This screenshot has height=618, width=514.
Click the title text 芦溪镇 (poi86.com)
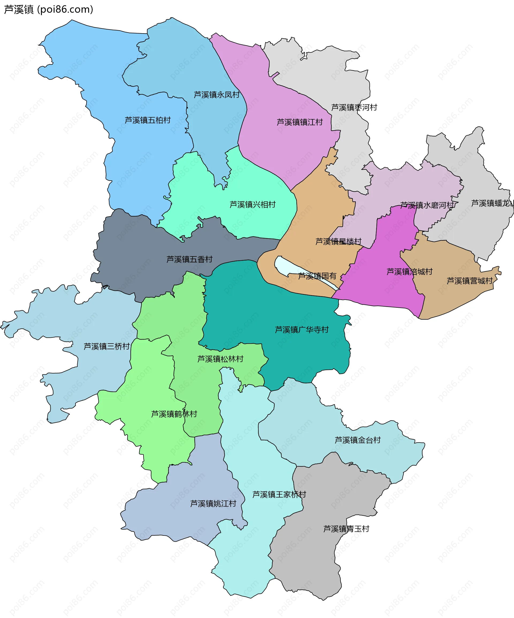click(48, 9)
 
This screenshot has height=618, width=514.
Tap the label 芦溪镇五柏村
click(148, 120)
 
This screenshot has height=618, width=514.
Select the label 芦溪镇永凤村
click(217, 95)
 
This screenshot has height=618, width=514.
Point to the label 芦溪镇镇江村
click(300, 122)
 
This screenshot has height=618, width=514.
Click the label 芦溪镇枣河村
click(354, 107)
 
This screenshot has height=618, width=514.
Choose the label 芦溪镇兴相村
click(252, 204)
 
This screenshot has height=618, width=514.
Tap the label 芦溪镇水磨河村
click(427, 205)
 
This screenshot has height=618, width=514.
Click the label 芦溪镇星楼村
click(338, 241)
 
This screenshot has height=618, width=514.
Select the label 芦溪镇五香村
click(189, 259)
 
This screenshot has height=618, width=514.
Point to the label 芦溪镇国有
click(317, 276)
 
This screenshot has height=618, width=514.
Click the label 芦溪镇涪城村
click(409, 272)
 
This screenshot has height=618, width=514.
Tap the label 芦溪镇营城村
click(469, 281)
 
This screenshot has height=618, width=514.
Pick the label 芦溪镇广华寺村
click(301, 330)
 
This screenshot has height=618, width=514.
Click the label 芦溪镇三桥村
click(107, 346)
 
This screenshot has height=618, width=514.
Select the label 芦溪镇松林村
click(220, 359)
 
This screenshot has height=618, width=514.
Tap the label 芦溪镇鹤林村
click(174, 414)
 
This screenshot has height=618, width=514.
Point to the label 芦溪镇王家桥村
click(279, 494)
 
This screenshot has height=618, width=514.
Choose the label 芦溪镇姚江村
click(213, 504)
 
